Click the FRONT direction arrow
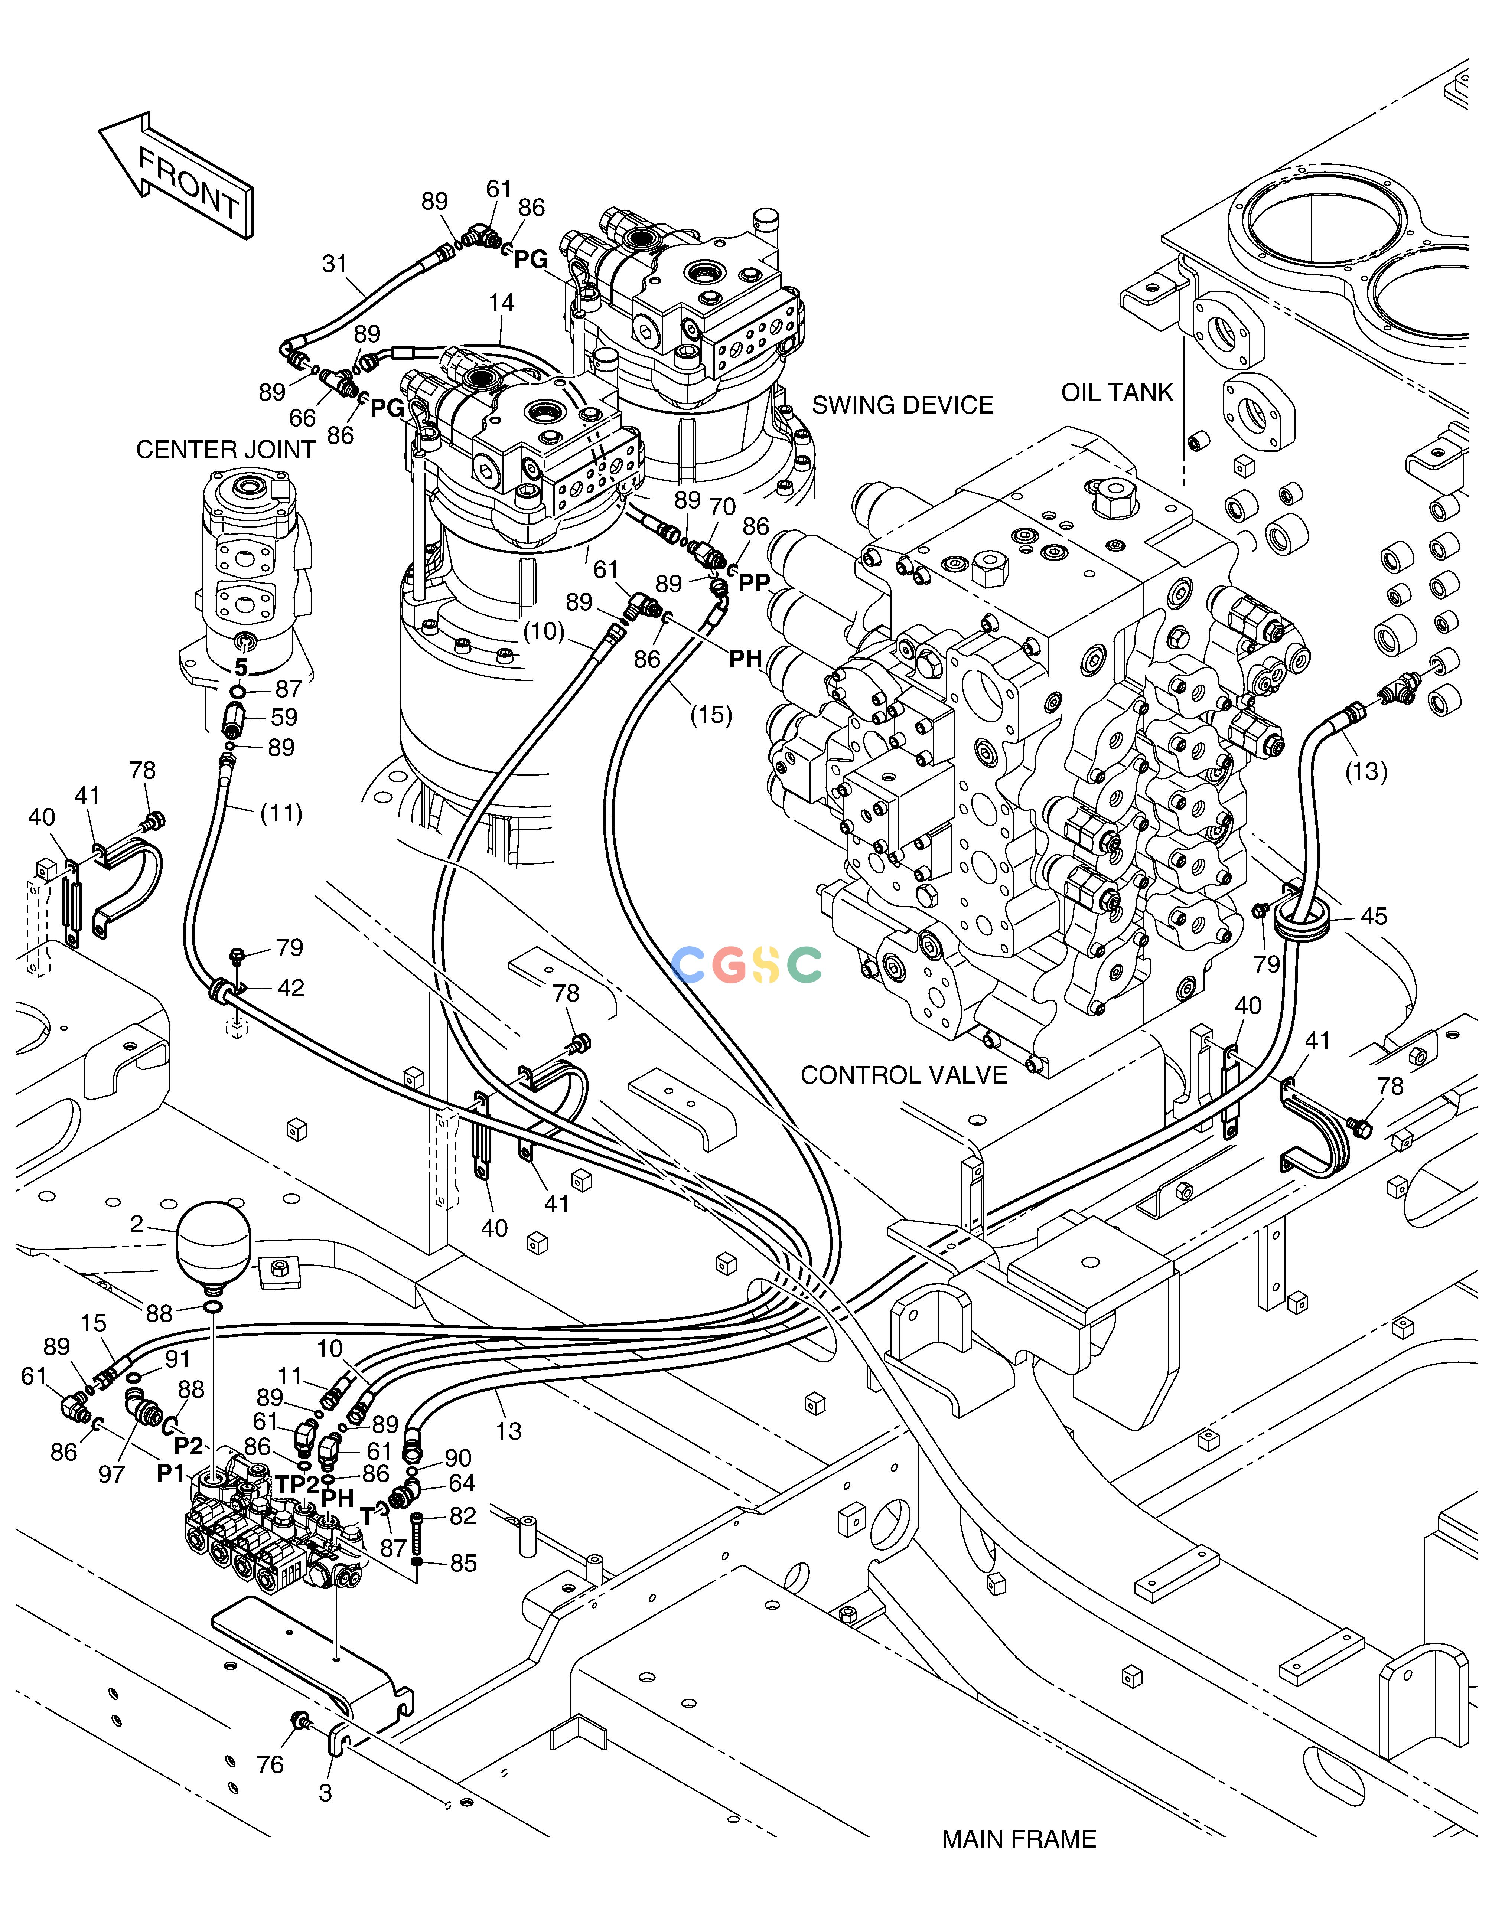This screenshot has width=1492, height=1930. coord(177,177)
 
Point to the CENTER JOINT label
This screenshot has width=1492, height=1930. coord(225,450)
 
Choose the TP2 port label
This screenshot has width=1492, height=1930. coord(297,1485)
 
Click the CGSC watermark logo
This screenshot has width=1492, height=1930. coord(747,965)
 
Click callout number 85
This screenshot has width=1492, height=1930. coord(463,1563)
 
